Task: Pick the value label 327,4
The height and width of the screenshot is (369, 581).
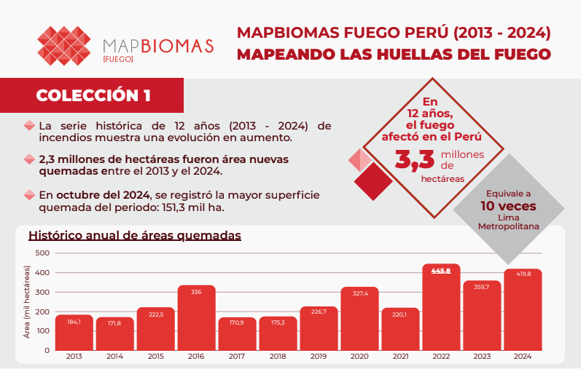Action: pos(359,293)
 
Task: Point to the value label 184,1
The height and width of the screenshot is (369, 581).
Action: pos(74,321)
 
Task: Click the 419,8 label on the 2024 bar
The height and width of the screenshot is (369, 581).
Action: pos(523,274)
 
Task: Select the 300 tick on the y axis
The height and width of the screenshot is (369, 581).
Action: pos(42,292)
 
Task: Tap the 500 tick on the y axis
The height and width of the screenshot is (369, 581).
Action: pos(42,253)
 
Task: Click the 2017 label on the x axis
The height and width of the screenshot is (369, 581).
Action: pos(237,357)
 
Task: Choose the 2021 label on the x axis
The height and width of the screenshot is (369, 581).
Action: pos(400,357)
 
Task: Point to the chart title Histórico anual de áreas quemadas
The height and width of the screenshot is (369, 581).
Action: pos(134,236)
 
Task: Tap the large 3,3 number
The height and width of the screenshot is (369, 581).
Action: pos(415,159)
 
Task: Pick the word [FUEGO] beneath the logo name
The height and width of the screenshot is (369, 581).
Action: pos(118,58)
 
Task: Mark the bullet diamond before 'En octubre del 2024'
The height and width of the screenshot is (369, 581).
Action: pos(29,195)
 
